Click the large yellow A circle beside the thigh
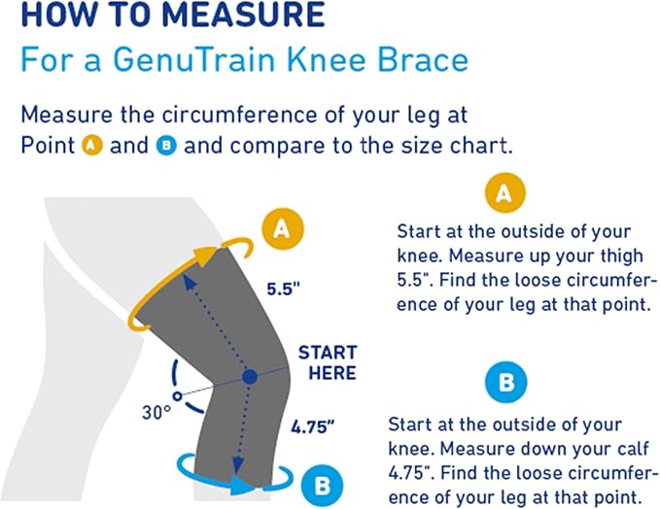(282, 228)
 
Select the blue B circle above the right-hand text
(505, 383)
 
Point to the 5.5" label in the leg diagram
(285, 288)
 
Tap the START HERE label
(327, 362)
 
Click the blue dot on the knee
(250, 376)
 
